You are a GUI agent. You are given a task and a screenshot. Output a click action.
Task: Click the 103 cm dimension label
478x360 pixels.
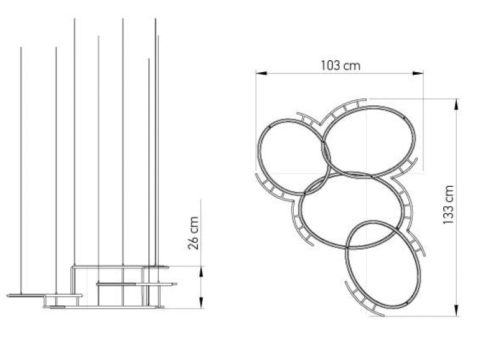340,64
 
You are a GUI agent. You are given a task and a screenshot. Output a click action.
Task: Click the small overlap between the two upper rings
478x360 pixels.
325,151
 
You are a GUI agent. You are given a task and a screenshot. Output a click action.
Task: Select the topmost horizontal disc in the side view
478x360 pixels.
156,267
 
